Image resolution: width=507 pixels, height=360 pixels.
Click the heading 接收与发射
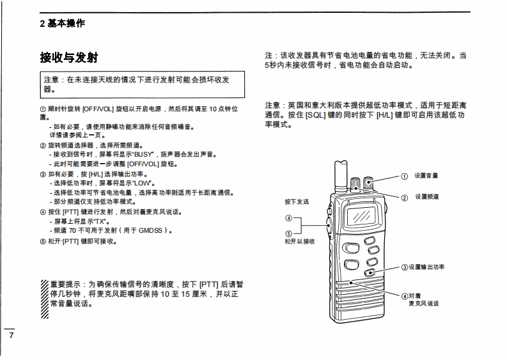point(69,58)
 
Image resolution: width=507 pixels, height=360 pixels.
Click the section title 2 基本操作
point(61,24)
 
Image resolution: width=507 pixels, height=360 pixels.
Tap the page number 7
point(10,336)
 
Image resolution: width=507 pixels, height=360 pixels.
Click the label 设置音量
point(426,176)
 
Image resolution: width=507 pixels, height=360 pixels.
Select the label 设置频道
point(427,197)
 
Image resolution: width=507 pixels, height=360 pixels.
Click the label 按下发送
point(297,202)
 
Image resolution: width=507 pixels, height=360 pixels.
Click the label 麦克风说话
point(423,303)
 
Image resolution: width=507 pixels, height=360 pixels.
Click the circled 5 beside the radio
point(288,233)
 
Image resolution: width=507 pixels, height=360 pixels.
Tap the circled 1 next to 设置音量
point(404,176)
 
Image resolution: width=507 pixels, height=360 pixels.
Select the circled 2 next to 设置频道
point(404,198)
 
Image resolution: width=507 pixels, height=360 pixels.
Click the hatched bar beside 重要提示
point(44,295)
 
